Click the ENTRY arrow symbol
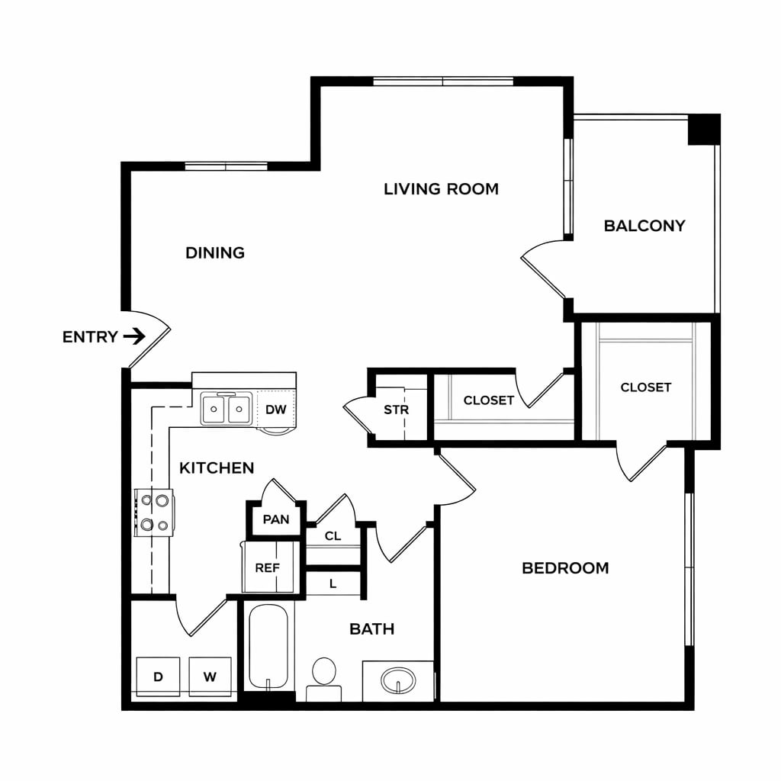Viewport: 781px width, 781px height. pos(134,336)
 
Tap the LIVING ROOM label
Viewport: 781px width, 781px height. pos(441,189)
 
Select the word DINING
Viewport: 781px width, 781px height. pos(214,253)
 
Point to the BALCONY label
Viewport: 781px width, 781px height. pos(644,226)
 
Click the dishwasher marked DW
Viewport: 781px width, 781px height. pos(275,409)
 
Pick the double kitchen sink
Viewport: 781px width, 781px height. pos(226,409)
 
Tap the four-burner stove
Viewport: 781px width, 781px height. pos(154,513)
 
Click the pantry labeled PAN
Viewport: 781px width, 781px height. pos(275,519)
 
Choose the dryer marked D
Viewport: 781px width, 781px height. pos(158,677)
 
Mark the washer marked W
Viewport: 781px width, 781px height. pos(210,677)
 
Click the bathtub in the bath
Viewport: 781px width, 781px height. pos(268,647)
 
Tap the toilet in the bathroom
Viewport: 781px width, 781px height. pos(323,678)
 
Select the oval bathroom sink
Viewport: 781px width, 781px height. pos(398,680)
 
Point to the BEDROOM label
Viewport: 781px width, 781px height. pos(565,567)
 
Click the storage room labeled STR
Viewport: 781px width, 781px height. pos(397,410)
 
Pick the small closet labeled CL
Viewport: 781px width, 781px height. pos(333,536)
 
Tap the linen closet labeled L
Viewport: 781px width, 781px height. pos(333,583)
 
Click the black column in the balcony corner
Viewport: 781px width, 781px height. pos(704,130)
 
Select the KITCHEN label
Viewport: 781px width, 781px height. pos(217,468)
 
